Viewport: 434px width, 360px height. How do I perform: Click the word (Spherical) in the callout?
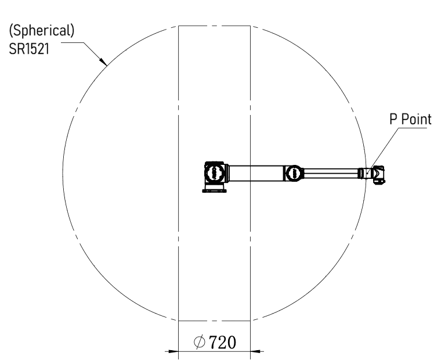[42, 31]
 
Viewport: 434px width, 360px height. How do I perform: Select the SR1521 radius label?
[29, 49]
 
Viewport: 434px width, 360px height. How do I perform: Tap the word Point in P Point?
[416, 119]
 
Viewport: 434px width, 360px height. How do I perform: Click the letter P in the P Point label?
[393, 119]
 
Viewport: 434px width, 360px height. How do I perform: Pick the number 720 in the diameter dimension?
[223, 342]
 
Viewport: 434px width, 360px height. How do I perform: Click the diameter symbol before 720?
[200, 342]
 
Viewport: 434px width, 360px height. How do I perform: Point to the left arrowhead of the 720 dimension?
[173, 351]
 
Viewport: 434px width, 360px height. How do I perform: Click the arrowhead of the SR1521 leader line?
[103, 62]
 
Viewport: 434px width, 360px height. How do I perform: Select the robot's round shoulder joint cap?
[215, 173]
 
